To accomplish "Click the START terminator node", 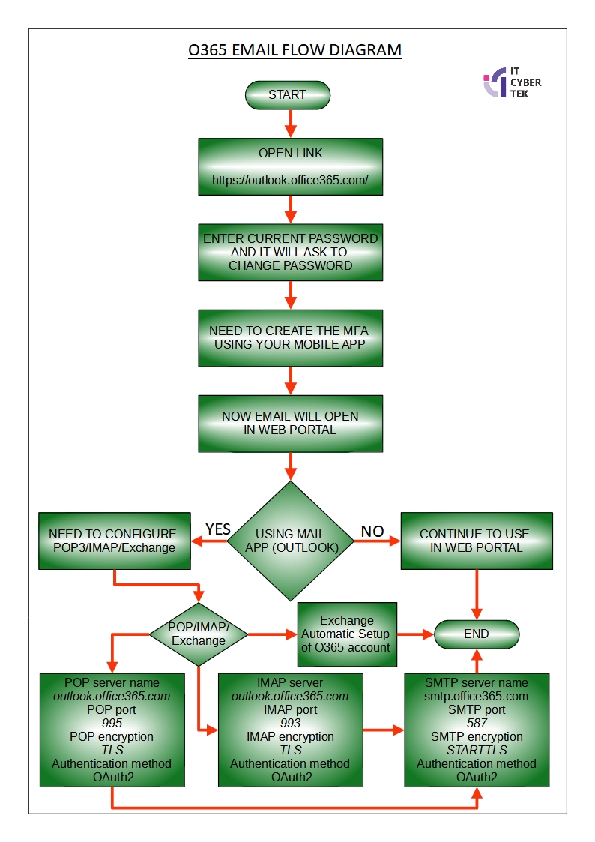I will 287,94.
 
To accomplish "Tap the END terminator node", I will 476,634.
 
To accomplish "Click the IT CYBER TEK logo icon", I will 495,82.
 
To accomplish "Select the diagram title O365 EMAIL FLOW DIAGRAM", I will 295,51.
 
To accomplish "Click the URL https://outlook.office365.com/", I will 290,181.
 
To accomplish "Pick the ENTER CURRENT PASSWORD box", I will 290,252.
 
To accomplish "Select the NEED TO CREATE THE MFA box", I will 290,337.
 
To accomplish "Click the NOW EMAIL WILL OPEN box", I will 290,423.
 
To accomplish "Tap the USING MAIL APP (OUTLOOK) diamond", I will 290,541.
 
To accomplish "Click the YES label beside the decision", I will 217,529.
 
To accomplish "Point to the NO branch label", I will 372,531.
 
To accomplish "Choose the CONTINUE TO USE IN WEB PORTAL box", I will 476,541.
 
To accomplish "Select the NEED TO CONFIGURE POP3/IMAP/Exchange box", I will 112,541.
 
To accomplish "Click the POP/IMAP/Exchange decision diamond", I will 199,634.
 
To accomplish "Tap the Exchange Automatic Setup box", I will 346,634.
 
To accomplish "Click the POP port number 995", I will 112,723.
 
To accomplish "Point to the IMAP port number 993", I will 290,723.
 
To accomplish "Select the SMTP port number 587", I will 477,723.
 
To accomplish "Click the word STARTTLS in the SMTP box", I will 477,750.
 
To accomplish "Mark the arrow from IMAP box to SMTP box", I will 384,728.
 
